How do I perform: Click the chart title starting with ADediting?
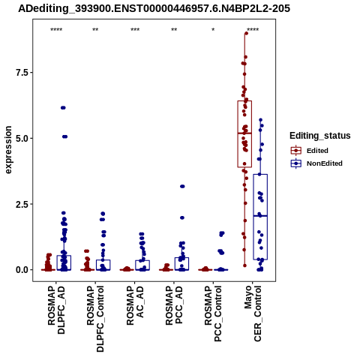[154, 8]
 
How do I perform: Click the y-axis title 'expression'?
[8, 150]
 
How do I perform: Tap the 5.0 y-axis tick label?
[21, 138]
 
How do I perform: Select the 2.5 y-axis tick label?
[21, 204]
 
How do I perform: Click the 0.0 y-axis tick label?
[21, 270]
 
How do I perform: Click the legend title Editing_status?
[320, 136]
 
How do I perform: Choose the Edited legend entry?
[317, 151]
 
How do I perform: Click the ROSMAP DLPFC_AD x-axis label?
[56, 310]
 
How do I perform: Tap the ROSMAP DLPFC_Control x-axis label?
[95, 319]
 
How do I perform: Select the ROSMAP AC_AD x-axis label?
[135, 305]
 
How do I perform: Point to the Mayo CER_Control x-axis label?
[253, 313]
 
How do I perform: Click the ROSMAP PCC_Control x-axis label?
[213, 313]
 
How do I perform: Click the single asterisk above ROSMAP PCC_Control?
[213, 30]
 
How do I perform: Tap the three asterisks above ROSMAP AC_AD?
[135, 30]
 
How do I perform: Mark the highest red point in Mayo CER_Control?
[246, 33]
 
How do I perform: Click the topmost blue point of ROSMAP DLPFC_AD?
[63, 108]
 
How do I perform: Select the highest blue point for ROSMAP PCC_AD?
[182, 186]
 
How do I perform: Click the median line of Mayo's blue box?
[260, 216]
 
